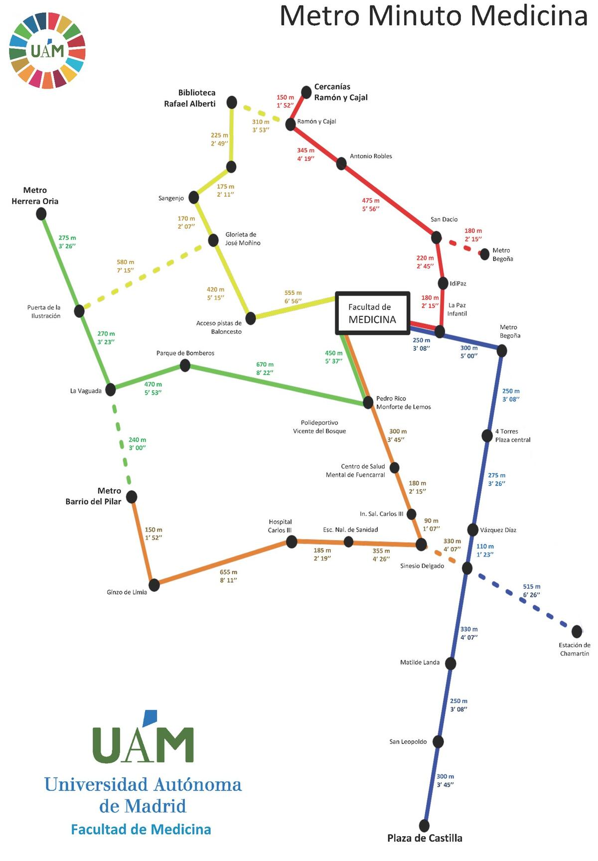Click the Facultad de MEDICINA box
[x=372, y=313]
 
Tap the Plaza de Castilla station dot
[x=424, y=826]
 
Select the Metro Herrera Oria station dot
[x=41, y=214]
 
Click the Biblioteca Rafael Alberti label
[x=190, y=98]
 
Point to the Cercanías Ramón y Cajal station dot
[x=306, y=92]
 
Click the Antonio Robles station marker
[x=341, y=163]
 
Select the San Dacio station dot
[x=436, y=237]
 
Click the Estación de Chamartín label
[x=575, y=649]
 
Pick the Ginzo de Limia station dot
[x=154, y=585]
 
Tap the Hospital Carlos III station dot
[x=292, y=542]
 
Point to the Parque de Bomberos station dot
[x=185, y=366]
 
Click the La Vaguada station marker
[x=111, y=390]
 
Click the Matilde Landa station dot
[x=450, y=664]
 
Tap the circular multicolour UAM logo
[x=47, y=51]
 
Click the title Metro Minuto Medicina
[x=434, y=16]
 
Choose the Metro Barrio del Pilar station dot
[x=132, y=497]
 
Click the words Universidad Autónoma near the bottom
[x=143, y=785]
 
